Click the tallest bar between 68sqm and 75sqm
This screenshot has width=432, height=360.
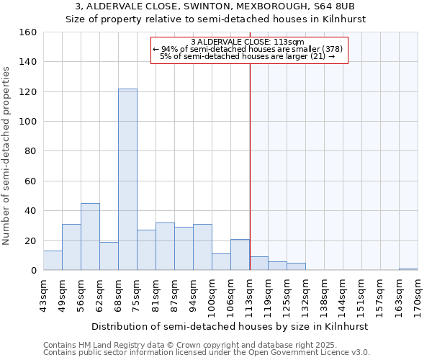127,179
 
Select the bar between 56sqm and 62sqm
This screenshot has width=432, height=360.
90,237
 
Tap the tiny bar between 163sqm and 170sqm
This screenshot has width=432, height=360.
408,269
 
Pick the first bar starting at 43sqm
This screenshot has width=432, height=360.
53,261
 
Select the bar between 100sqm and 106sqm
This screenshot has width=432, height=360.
221,262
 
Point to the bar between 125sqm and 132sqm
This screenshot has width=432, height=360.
296,266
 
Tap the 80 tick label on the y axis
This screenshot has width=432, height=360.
30,151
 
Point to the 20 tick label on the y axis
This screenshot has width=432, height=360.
30,241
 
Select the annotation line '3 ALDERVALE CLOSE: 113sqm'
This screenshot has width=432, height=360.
248,42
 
